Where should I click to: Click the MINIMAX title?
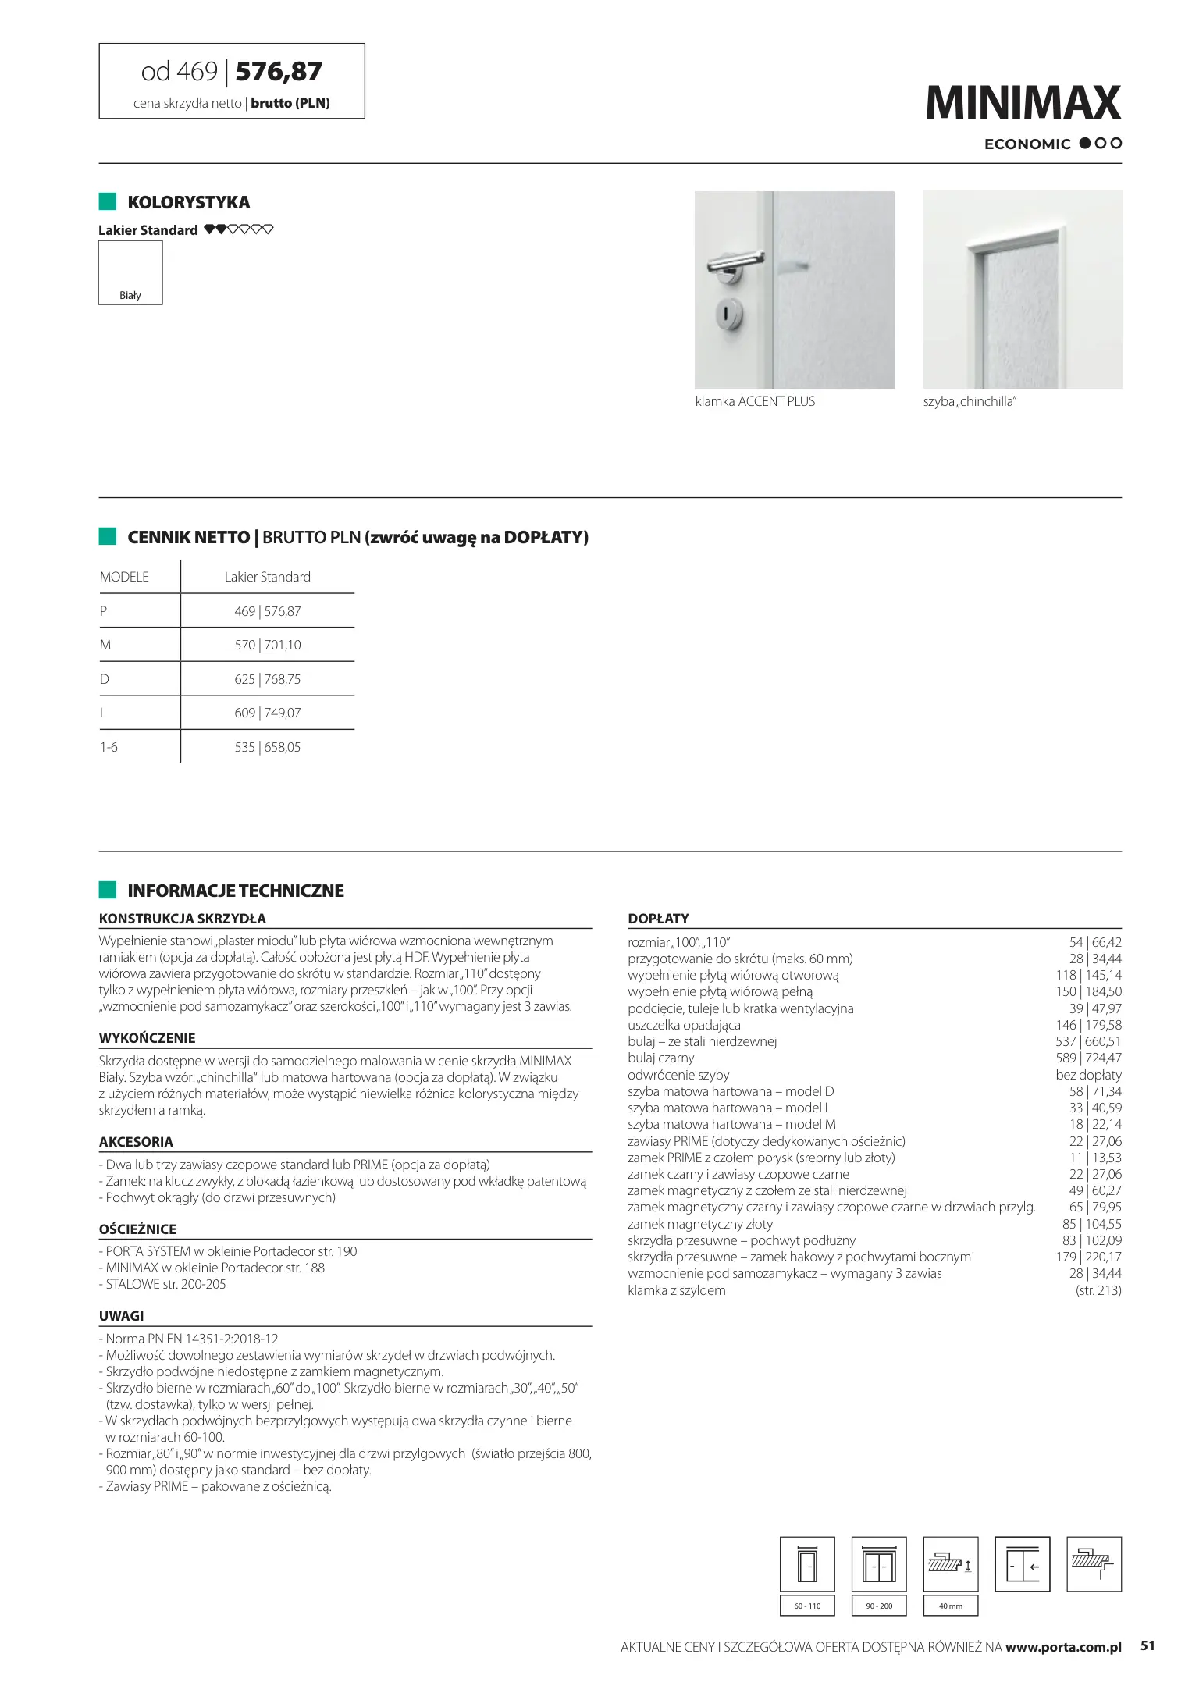pyautogui.click(x=1023, y=103)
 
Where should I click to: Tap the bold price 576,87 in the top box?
pyautogui.click(x=279, y=72)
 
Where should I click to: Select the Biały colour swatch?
pyautogui.click(x=130, y=272)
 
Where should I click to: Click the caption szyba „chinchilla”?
pyautogui.click(x=970, y=401)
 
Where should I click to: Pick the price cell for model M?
pyautogui.click(x=267, y=645)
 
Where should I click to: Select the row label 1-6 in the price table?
pyautogui.click(x=109, y=747)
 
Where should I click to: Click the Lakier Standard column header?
pyautogui.click(x=267, y=577)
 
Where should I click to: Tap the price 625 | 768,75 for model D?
pyautogui.click(x=267, y=679)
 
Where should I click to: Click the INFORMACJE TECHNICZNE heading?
pyautogui.click(x=235, y=891)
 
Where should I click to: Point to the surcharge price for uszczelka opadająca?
pyautogui.click(x=1088, y=1025)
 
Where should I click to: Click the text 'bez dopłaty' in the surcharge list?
pyautogui.click(x=1088, y=1075)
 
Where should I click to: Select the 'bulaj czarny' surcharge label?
pyautogui.click(x=660, y=1058)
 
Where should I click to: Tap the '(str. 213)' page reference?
pyautogui.click(x=1098, y=1290)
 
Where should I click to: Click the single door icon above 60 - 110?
pyautogui.click(x=807, y=1564)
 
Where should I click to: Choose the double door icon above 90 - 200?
pyautogui.click(x=879, y=1564)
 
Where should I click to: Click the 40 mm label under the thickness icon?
pyautogui.click(x=950, y=1606)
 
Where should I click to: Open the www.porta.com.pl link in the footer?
pyautogui.click(x=1063, y=1647)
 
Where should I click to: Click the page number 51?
pyautogui.click(x=1147, y=1645)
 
